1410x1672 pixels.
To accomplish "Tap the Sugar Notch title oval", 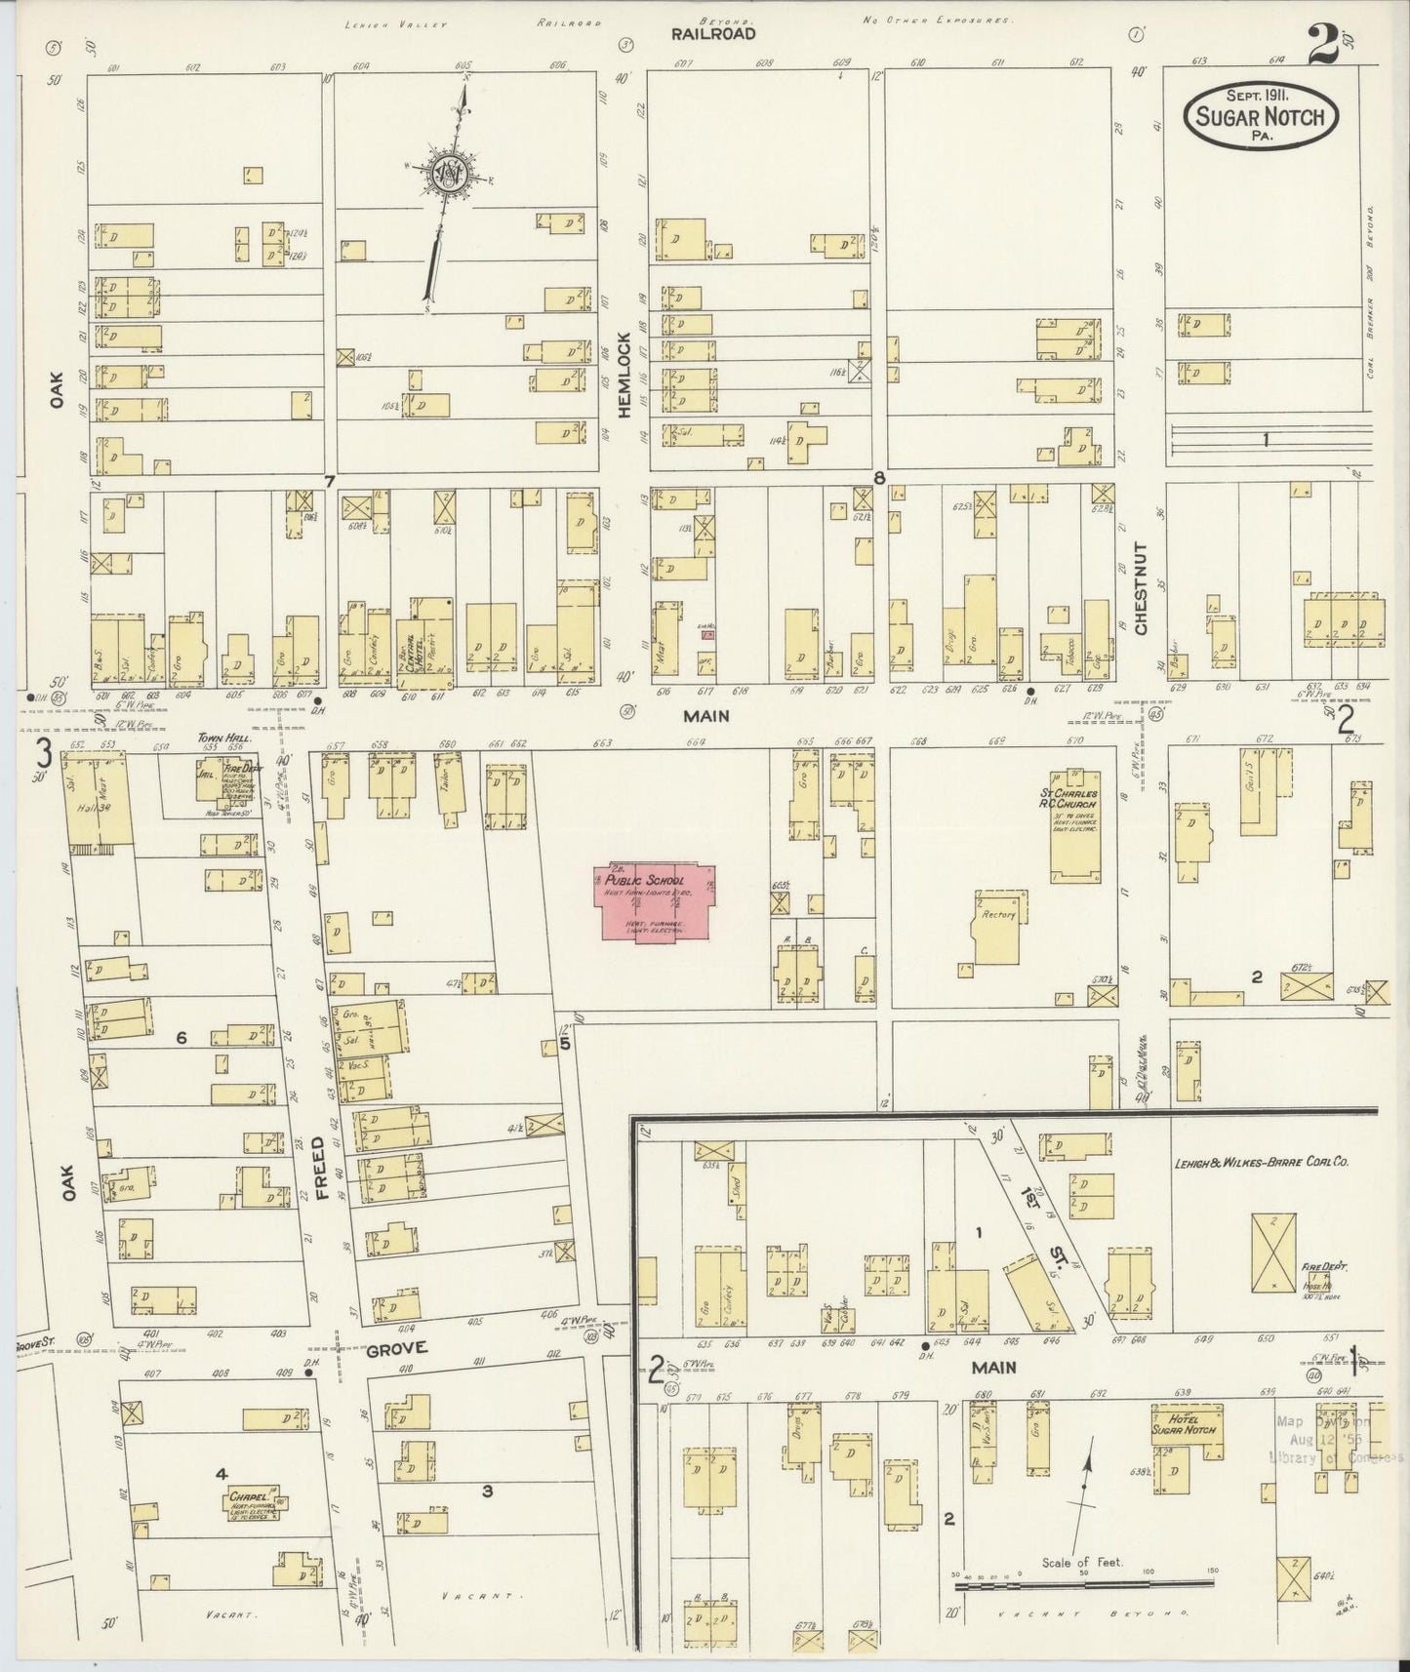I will (x=1260, y=117).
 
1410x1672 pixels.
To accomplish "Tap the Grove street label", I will (x=398, y=1349).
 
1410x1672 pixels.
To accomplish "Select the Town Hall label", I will (x=225, y=739).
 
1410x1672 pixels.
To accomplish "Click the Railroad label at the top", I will (x=712, y=34).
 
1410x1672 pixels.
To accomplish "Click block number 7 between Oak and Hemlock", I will (x=330, y=480).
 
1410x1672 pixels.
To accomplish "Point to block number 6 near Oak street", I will (x=181, y=1039).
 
